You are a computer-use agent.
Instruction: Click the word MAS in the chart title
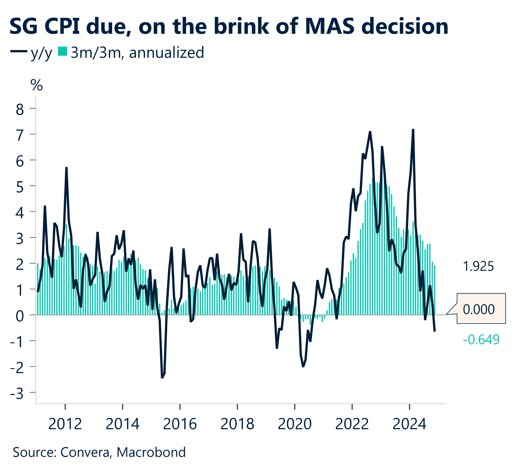coord(330,26)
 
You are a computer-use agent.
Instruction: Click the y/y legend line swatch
coord(19,51)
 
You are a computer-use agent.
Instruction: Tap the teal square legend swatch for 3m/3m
coord(63,51)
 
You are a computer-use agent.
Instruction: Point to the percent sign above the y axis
coord(36,85)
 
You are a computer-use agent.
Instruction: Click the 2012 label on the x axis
coord(65,424)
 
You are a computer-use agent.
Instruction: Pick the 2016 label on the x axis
coord(180,424)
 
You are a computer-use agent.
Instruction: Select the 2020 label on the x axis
coord(295,424)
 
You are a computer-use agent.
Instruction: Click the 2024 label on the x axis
coord(409,424)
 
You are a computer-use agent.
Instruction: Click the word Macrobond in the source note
coord(151,452)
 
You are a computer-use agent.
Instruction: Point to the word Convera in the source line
coord(85,452)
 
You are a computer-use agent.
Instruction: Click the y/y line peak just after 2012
coord(66,168)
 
